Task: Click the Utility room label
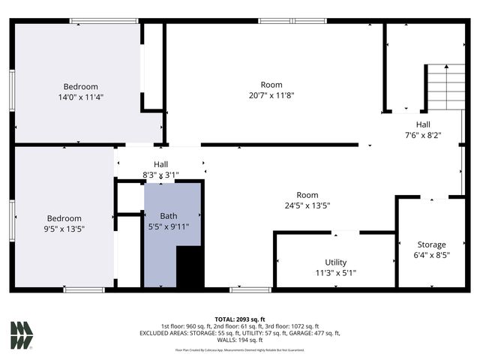pyautogui.click(x=335, y=262)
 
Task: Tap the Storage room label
pyautogui.click(x=431, y=244)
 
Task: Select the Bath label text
pyautogui.click(x=169, y=216)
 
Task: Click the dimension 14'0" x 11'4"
pyautogui.click(x=80, y=97)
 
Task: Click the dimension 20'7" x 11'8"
pyautogui.click(x=271, y=95)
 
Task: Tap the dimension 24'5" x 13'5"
pyautogui.click(x=307, y=205)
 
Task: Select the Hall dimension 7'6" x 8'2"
pyautogui.click(x=423, y=135)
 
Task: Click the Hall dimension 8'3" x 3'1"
pyautogui.click(x=160, y=175)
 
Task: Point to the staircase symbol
pyautogui.click(x=444, y=86)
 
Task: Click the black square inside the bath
pyautogui.click(x=190, y=268)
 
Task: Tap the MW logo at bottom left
pyautogui.click(x=22, y=334)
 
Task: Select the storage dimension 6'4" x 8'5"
pyautogui.click(x=431, y=255)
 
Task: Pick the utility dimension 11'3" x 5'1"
pyautogui.click(x=335, y=273)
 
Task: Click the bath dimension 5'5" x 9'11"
pyautogui.click(x=169, y=226)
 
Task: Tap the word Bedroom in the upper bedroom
pyautogui.click(x=80, y=87)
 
